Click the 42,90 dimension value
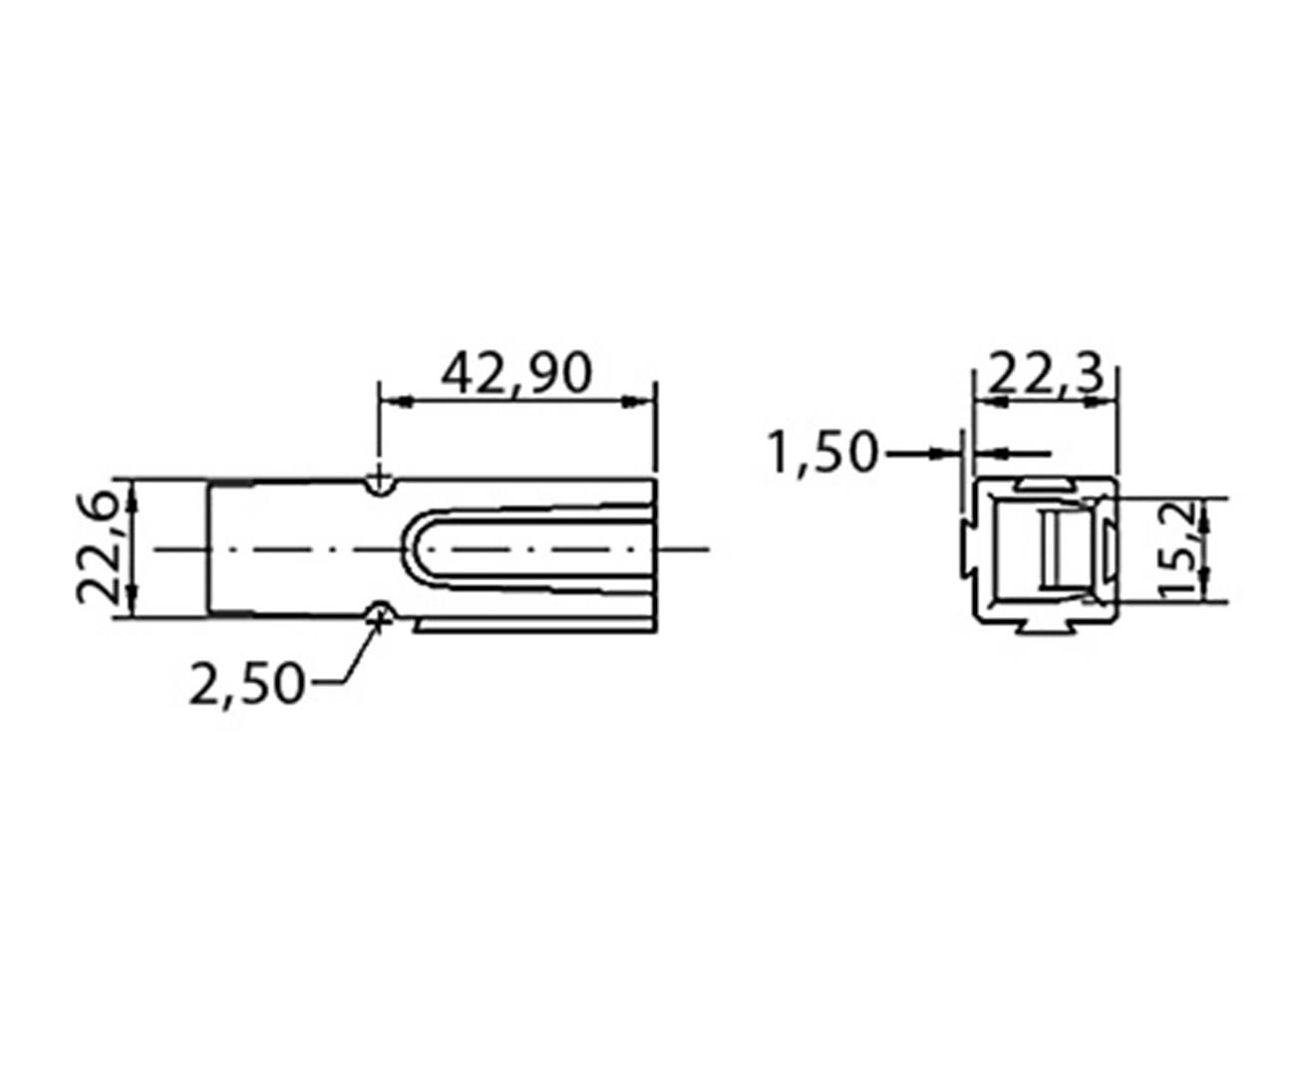click(516, 373)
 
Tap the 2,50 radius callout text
click(245, 684)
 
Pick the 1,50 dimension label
click(822, 453)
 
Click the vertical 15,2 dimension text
click(1179, 549)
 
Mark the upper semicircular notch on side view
click(378, 486)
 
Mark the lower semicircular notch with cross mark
click(378, 612)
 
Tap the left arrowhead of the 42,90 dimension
click(391, 402)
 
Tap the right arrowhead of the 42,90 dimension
click(643, 402)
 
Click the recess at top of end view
click(1044, 484)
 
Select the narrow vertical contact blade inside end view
click(1050, 549)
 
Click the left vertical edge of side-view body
click(208, 549)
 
